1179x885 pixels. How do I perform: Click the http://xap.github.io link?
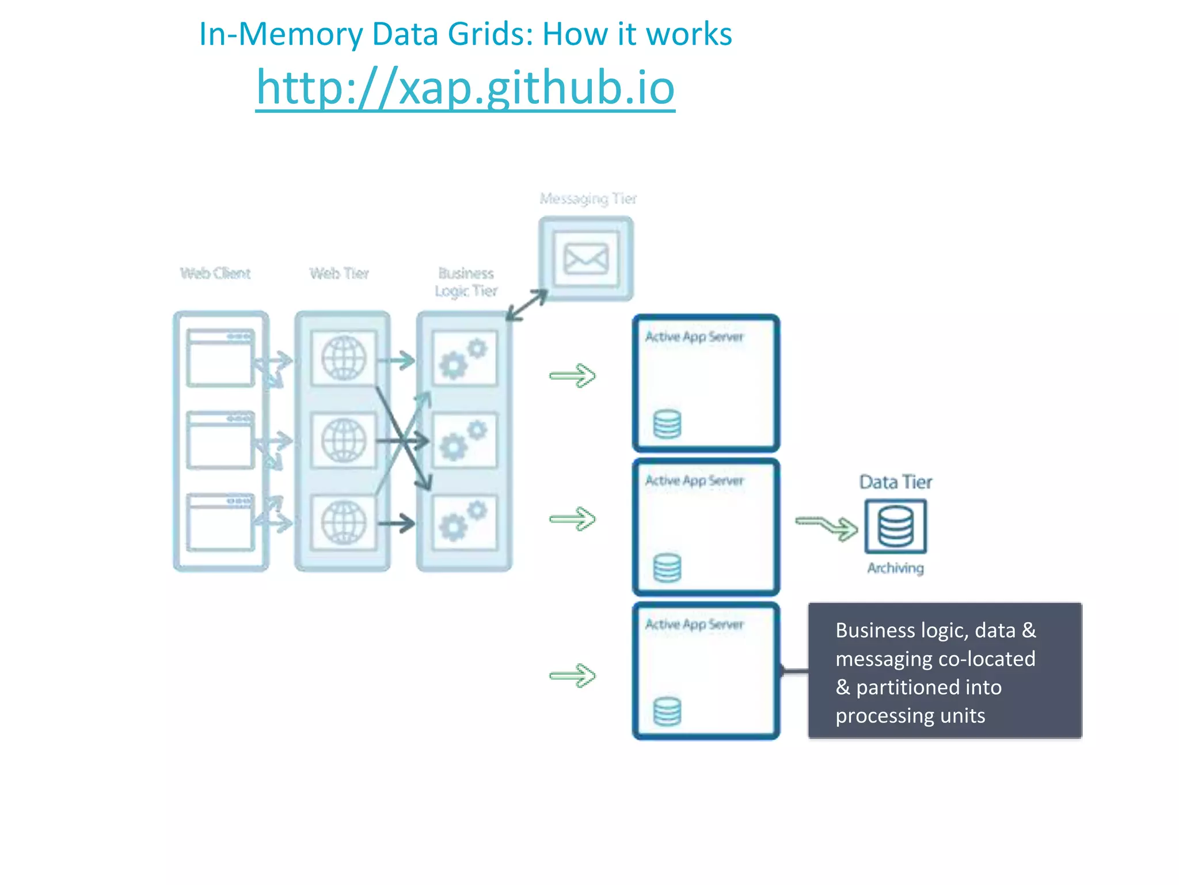click(x=465, y=88)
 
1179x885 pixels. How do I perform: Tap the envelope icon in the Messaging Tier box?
click(x=585, y=259)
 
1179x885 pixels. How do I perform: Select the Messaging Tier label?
click(x=588, y=199)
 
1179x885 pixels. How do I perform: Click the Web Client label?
click(x=215, y=273)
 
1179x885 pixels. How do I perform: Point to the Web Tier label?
click(x=339, y=273)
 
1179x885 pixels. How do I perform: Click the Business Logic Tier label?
click(x=466, y=282)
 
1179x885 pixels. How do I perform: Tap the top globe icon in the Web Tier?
click(x=344, y=358)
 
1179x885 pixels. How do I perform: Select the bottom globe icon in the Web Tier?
click(x=344, y=523)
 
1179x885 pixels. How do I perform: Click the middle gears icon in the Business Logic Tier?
click(x=464, y=441)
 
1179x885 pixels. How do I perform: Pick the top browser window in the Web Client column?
click(x=220, y=358)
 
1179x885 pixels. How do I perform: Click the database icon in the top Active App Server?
click(x=667, y=424)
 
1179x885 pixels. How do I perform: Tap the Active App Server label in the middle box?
click(x=694, y=481)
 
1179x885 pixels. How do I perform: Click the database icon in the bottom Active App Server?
click(x=667, y=712)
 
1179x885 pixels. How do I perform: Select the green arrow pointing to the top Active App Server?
click(x=572, y=376)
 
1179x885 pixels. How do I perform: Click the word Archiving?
click(x=895, y=568)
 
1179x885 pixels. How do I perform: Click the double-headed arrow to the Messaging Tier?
click(x=527, y=305)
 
